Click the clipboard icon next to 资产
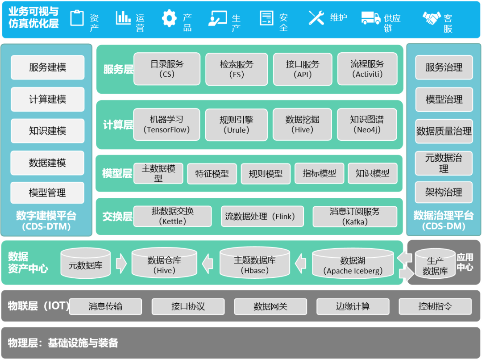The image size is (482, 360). (x=77, y=18)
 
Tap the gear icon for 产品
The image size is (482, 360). (x=169, y=18)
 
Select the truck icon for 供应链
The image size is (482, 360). (x=370, y=18)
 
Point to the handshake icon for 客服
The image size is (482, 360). (x=432, y=18)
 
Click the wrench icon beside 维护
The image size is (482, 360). (x=316, y=18)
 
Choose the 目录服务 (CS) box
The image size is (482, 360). (x=167, y=69)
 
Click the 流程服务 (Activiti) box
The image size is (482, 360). (x=367, y=69)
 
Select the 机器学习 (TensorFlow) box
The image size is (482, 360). (x=166, y=125)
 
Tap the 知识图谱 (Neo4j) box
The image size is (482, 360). (x=367, y=125)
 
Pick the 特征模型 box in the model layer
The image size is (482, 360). (x=212, y=174)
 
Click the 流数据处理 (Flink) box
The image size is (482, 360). (x=262, y=217)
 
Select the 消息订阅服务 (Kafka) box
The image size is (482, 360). (x=354, y=216)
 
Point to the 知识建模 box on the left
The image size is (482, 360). (x=47, y=131)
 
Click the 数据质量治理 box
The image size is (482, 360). (x=444, y=131)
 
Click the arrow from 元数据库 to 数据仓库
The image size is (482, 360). (x=121, y=264)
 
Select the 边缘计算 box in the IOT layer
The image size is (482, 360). (x=353, y=306)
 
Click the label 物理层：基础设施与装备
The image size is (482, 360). (x=63, y=343)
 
